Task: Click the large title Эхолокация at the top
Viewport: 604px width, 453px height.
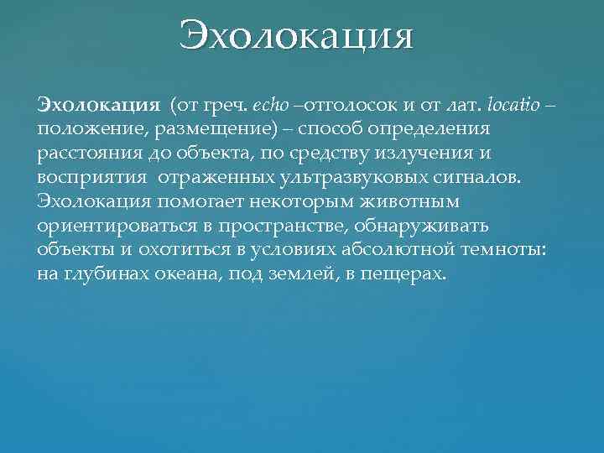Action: pyautogui.click(x=296, y=36)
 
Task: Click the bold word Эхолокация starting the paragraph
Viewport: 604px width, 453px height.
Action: pyautogui.click(x=98, y=107)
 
